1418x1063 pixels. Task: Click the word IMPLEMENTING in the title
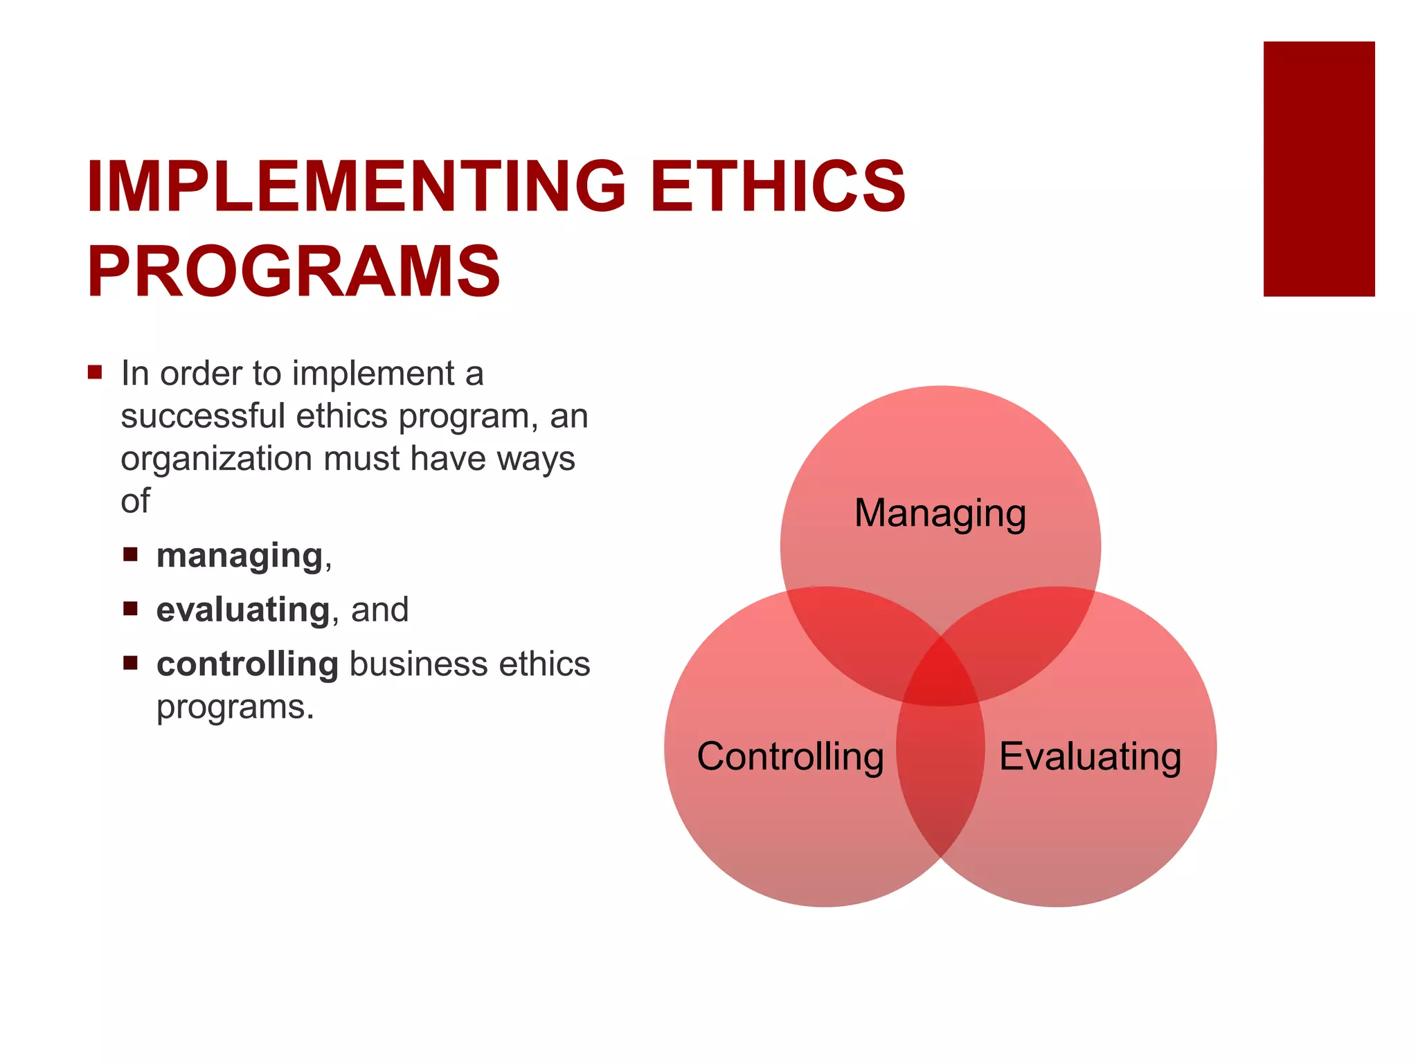click(355, 186)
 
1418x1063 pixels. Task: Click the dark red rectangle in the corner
click(1318, 169)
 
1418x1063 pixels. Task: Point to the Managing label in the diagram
click(940, 513)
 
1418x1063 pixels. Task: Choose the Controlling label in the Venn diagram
click(790, 756)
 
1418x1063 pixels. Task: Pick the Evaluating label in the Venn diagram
click(1090, 756)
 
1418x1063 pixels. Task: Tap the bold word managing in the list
click(240, 556)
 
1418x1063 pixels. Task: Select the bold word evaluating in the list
click(243, 610)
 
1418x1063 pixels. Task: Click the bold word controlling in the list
click(247, 664)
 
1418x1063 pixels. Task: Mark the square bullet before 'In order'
click(95, 373)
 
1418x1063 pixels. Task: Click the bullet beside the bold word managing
click(130, 554)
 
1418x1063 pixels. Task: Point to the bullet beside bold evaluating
click(130, 608)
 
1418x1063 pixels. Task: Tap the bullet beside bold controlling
click(130, 663)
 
